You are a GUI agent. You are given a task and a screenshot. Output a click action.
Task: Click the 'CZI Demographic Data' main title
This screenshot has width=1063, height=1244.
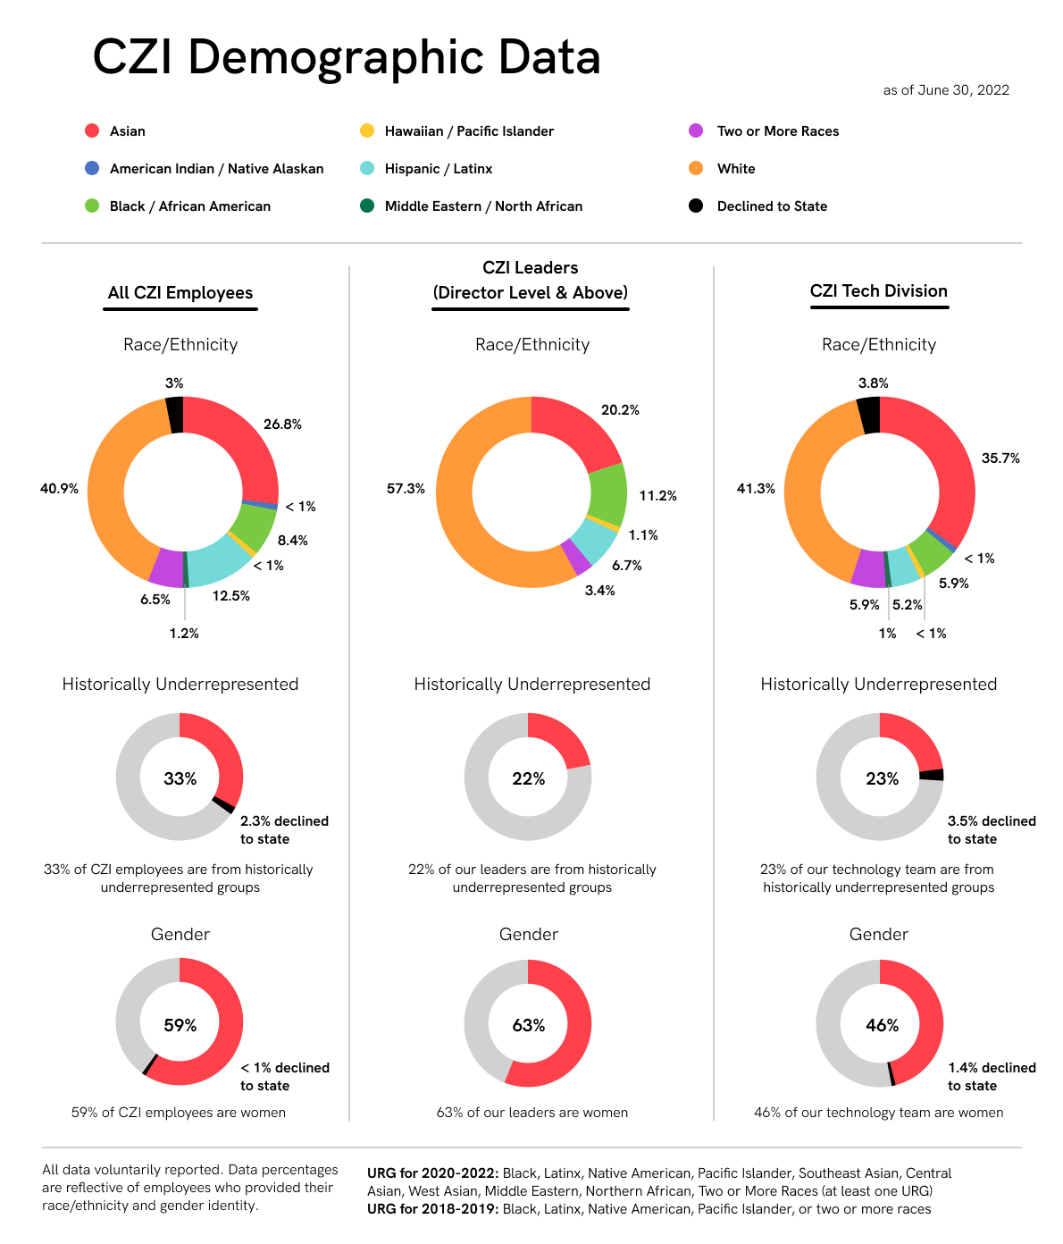coord(347,57)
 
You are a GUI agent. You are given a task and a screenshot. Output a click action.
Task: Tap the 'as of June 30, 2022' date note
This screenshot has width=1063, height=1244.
coord(946,90)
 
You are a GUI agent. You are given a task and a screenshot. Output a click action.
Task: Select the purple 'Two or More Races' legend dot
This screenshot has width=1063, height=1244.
coord(696,130)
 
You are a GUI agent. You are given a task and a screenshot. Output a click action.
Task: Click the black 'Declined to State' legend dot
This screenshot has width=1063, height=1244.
coord(696,206)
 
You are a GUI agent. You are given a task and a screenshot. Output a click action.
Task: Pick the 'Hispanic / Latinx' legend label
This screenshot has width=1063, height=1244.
coord(438,169)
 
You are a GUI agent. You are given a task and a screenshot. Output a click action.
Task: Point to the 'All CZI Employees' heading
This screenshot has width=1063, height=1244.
coord(180,293)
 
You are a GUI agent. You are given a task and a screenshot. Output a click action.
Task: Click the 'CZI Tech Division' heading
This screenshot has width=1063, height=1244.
coord(878,291)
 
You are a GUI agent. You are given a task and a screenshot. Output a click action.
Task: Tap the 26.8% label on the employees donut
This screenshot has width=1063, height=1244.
coord(282,424)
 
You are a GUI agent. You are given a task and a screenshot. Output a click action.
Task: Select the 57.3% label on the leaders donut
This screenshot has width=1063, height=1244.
coord(406,489)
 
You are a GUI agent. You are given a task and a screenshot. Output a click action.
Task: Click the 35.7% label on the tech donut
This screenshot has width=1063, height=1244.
coord(1000,458)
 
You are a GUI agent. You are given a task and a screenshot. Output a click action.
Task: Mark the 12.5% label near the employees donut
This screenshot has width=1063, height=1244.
coord(230,596)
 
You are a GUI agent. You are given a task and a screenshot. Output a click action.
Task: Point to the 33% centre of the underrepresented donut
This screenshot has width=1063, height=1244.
coord(180,778)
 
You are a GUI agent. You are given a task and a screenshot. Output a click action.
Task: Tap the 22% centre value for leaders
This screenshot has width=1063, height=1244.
coord(528,779)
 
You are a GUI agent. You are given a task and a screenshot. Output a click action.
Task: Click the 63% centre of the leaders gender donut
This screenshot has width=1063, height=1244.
coord(528,1025)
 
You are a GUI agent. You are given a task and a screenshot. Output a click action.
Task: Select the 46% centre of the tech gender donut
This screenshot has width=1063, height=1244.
coord(882,1025)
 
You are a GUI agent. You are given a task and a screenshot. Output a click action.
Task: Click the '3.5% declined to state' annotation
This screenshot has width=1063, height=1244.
coord(992,830)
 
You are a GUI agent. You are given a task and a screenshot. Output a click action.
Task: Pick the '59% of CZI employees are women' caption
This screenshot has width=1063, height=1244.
coord(179,1113)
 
